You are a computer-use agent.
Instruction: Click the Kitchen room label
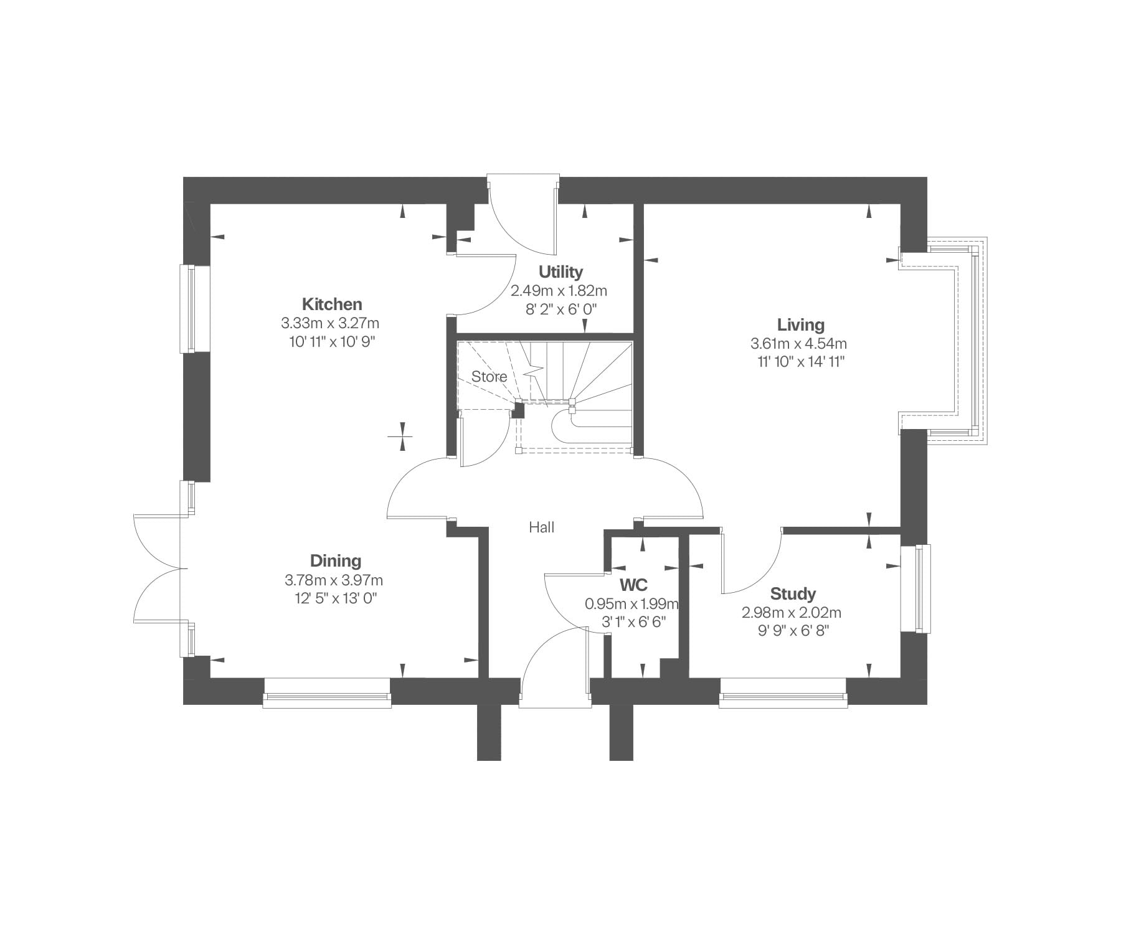[x=332, y=304]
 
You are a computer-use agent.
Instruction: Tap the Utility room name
[x=560, y=272]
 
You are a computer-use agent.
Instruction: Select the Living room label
[x=800, y=325]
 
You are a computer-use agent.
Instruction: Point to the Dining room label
[x=336, y=561]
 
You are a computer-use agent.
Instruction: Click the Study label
[x=793, y=593]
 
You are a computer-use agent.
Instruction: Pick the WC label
[x=633, y=585]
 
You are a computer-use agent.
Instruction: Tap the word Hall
[x=541, y=527]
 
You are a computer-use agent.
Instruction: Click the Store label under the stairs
[x=489, y=377]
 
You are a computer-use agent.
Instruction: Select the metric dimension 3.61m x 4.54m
[x=799, y=343]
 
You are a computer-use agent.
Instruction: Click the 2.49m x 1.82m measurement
[x=559, y=291]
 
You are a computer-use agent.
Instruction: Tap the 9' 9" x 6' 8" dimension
[x=793, y=631]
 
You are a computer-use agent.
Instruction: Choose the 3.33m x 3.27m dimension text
[x=330, y=323]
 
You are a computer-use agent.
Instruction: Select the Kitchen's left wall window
[x=188, y=309]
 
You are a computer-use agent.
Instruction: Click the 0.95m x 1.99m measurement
[x=631, y=604]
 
